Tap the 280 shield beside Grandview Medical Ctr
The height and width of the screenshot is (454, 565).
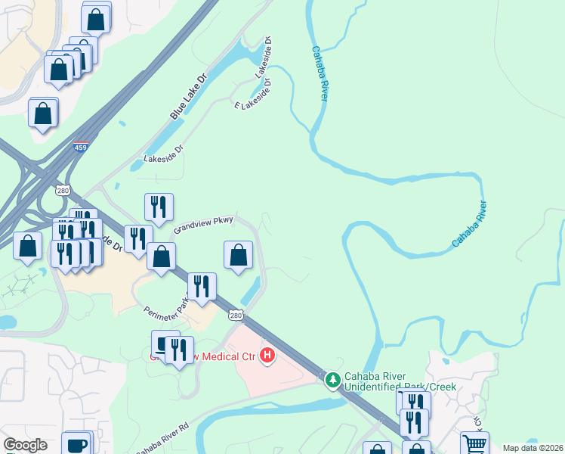coord(236,314)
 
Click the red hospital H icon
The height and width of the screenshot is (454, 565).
coord(267,355)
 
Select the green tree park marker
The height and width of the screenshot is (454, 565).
coord(332,379)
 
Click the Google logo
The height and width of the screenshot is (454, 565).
coord(26,445)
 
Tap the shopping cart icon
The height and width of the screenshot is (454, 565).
coord(474,443)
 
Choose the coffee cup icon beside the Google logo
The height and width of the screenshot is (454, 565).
coord(76,444)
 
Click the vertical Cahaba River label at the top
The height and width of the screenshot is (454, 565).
coord(320,74)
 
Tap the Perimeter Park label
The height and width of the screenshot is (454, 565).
coord(166,304)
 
